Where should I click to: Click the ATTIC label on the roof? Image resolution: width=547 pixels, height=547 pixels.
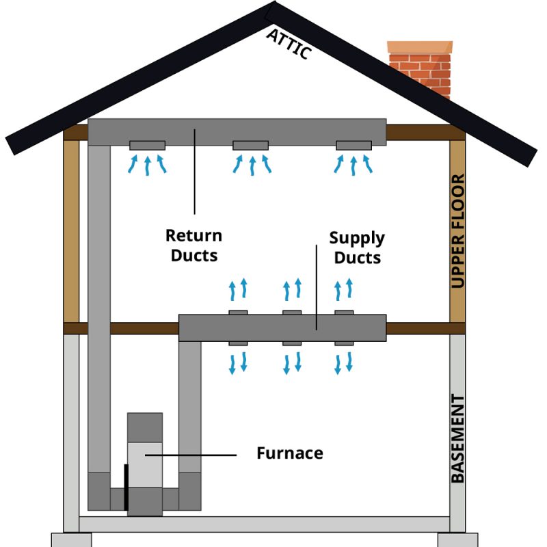click(x=290, y=43)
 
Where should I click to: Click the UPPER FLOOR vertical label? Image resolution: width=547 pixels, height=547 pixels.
click(x=458, y=231)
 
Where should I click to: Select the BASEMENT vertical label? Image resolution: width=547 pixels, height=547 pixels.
click(x=458, y=438)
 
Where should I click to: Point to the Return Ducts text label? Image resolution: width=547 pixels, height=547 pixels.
click(x=194, y=245)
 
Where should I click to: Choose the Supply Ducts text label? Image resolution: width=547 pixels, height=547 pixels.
click(x=357, y=248)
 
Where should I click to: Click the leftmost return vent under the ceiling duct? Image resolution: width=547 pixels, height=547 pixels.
click(x=147, y=145)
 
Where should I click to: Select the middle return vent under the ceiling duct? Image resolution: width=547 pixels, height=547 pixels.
click(x=251, y=145)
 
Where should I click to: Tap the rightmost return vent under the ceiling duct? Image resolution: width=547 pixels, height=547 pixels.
click(x=353, y=145)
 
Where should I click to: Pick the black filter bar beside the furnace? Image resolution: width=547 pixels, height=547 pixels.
click(x=126, y=486)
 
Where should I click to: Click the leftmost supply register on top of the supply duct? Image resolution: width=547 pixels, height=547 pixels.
click(x=238, y=312)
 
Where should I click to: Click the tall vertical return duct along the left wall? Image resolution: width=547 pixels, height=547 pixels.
click(x=99, y=308)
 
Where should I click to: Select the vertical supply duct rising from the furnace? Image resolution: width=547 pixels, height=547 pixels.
click(x=190, y=410)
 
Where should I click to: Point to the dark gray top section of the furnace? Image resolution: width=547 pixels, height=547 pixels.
click(x=145, y=427)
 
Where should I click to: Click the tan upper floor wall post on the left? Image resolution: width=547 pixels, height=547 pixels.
click(x=71, y=232)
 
